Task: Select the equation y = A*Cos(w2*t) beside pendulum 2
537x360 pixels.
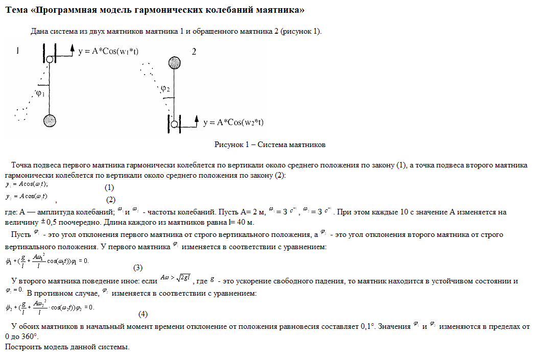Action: [x=233, y=123]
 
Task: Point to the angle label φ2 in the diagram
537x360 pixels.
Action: [x=165, y=89]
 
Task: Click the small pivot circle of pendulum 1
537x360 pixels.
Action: [x=50, y=59]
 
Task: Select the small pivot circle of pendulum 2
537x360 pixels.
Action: [x=175, y=124]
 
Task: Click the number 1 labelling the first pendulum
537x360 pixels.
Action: [x=18, y=51]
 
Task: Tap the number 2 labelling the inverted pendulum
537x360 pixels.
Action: [x=194, y=52]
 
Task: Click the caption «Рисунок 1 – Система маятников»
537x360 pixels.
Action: [x=270, y=145]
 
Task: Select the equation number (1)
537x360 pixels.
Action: [x=109, y=187]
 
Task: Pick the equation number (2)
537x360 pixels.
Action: [x=111, y=199]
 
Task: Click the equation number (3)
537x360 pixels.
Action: [x=138, y=268]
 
